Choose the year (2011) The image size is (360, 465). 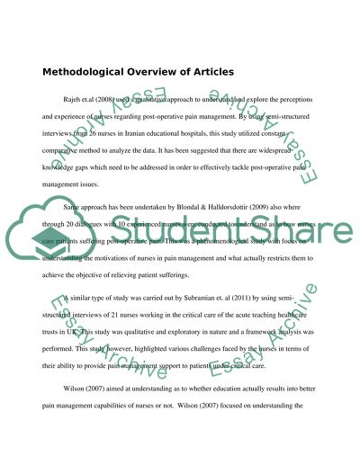(267, 334)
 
